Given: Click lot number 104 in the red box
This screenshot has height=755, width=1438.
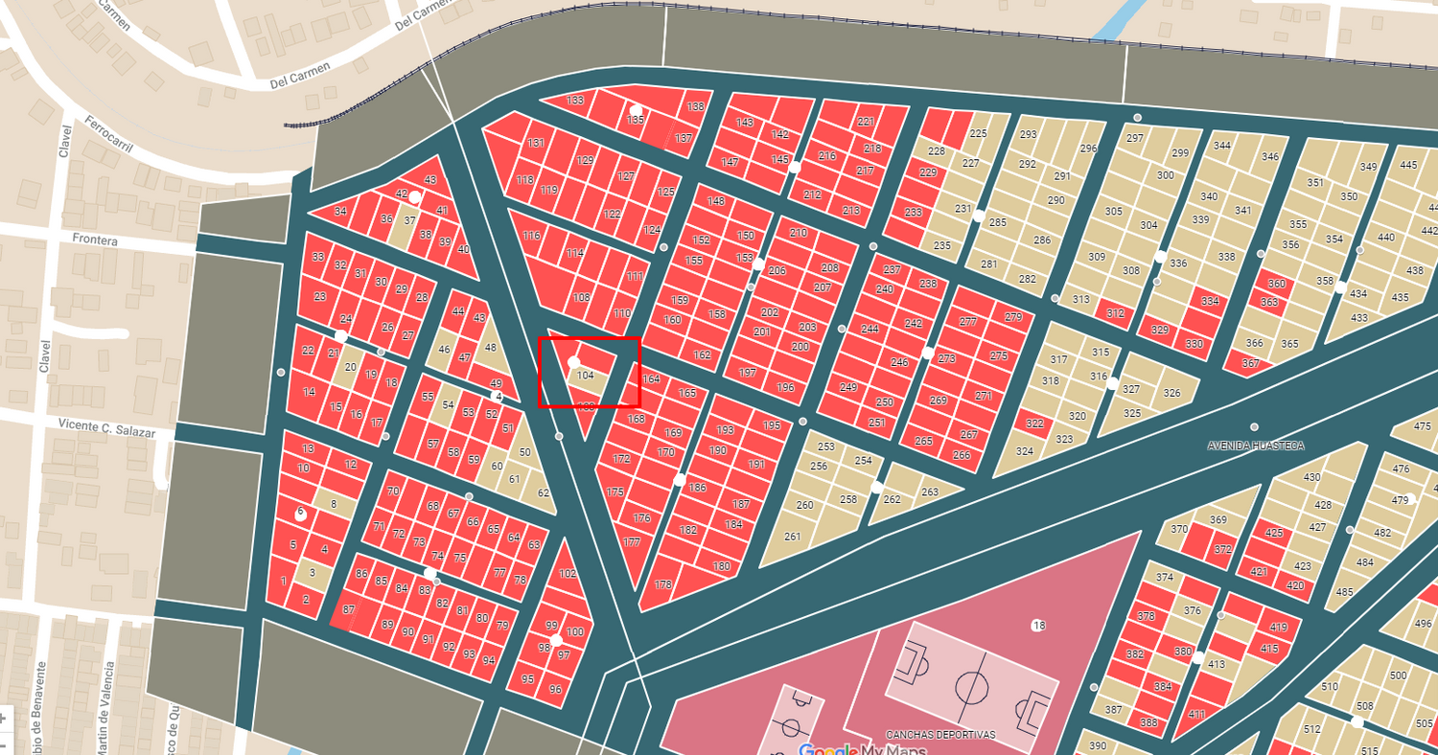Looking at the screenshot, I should pos(586,376).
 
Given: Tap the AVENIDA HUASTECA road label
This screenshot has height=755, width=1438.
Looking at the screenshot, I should pos(1255,446).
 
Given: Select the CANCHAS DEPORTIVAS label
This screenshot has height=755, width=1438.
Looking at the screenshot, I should pos(939,735).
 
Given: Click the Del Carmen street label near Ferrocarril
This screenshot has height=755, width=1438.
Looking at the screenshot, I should pos(300,76).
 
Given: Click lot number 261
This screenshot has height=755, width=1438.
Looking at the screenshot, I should pos(792,537).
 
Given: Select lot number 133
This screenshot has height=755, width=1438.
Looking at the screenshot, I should pos(575,101).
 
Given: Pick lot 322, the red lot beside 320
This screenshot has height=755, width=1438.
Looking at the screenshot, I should pos(1033,423).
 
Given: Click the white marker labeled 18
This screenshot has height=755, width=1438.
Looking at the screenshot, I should pos(1037,626).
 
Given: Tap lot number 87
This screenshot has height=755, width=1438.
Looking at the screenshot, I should pos(348,609).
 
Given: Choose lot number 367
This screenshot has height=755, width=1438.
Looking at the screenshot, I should pos(1250,364).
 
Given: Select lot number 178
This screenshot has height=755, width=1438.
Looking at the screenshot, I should pos(663,584).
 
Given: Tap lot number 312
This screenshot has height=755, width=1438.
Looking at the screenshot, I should pos(1115,313).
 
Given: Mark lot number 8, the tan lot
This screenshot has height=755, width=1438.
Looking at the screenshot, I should pos(334,504).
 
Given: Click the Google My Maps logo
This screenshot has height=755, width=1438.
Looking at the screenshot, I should pos(862,749).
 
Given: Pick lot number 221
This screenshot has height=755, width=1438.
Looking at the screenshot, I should pos(866,122).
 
